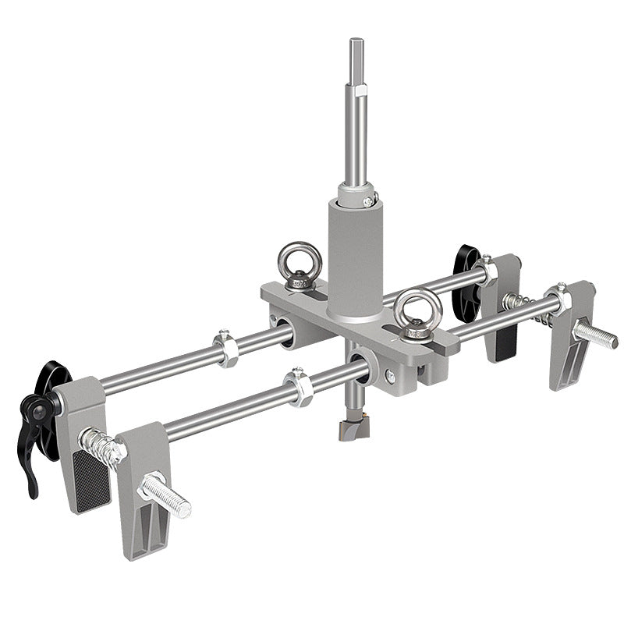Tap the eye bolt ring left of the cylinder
point(294,259)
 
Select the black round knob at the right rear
point(466,282)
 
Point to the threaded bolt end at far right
point(597,335)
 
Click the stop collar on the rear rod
point(226,349)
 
